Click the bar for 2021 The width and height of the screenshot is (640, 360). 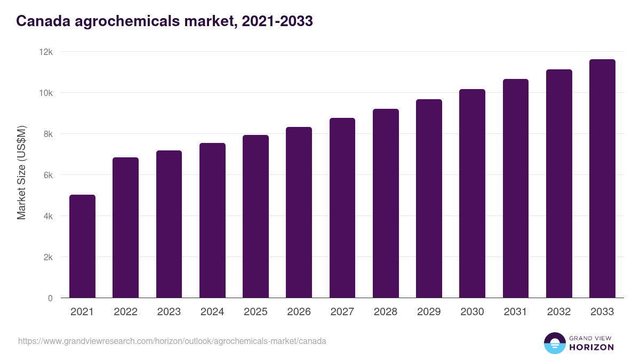[82, 246]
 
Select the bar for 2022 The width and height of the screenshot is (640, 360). [125, 228]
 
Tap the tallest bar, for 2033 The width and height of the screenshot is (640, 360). [602, 179]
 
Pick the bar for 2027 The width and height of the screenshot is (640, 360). [342, 208]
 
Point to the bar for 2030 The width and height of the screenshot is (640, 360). [472, 194]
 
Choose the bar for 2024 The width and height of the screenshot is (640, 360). [212, 220]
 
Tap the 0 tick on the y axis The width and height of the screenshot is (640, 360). [50, 298]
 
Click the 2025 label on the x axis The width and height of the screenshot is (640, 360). [255, 312]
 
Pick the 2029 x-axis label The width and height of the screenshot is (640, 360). [429, 312]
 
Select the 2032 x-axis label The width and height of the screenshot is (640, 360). [559, 312]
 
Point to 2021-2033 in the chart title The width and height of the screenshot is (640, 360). [277, 21]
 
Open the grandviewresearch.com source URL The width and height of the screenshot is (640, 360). [172, 341]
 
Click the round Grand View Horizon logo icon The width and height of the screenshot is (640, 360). [554, 343]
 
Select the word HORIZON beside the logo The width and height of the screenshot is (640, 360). [591, 347]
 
